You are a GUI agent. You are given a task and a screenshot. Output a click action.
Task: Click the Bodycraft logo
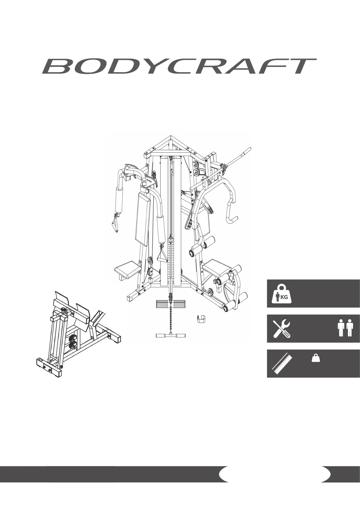click(x=179, y=66)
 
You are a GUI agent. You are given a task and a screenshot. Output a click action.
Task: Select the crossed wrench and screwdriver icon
click(x=281, y=329)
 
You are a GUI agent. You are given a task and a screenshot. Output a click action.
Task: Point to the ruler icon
click(x=282, y=364)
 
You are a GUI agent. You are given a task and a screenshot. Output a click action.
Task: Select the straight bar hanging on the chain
click(x=171, y=336)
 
